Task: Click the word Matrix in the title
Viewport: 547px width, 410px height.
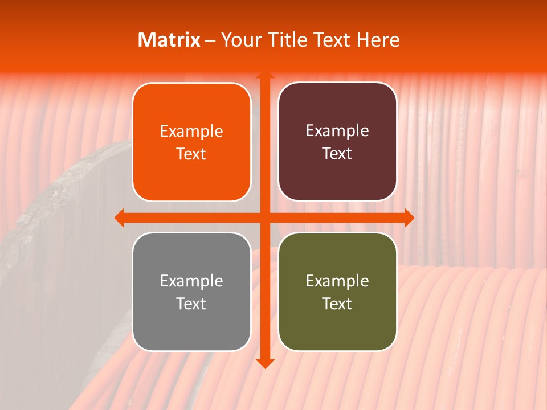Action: tap(169, 40)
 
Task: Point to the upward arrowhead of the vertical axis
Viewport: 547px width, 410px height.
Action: tap(264, 76)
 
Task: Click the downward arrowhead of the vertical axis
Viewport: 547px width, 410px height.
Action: tap(264, 363)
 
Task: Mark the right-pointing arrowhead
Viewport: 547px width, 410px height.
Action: tap(409, 218)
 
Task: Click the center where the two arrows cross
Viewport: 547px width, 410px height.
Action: tap(264, 218)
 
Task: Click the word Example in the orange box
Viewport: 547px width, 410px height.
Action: tap(191, 132)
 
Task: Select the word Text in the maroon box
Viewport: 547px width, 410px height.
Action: tap(337, 154)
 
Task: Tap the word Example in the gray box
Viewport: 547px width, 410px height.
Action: tap(191, 281)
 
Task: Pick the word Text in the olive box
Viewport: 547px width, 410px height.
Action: tap(337, 304)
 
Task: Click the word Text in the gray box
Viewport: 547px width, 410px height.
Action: tap(191, 304)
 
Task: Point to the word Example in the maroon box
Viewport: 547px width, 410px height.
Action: tap(337, 131)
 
